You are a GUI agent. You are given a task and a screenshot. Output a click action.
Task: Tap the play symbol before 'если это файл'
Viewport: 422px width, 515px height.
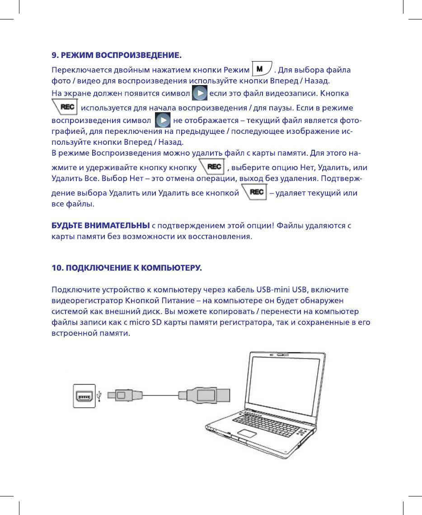coord(200,94)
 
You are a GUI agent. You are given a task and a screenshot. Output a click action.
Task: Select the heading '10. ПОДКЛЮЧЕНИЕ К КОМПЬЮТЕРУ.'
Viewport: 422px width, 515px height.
coord(127,268)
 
